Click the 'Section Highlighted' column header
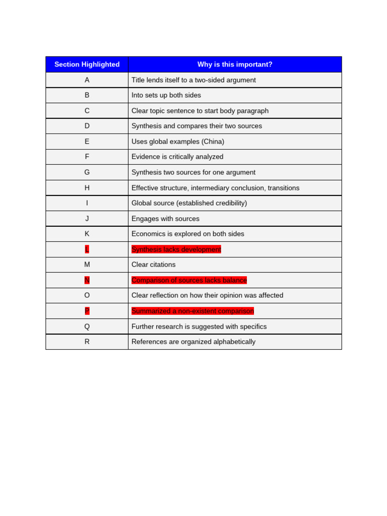(x=87, y=64)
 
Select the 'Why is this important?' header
(x=234, y=64)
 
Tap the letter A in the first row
(x=87, y=80)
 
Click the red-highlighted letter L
(x=87, y=249)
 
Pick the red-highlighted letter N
(x=87, y=280)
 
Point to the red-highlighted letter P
(x=87, y=311)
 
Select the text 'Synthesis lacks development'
(x=176, y=249)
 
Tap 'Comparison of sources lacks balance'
(x=189, y=280)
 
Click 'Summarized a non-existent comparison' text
(x=192, y=311)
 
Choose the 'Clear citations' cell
(x=153, y=265)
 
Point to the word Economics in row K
(x=149, y=234)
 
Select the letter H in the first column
(x=87, y=188)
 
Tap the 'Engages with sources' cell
(x=165, y=219)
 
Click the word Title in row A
(x=139, y=80)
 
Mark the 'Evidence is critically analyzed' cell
(x=177, y=157)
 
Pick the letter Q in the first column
(x=87, y=327)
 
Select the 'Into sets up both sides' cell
(x=166, y=95)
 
